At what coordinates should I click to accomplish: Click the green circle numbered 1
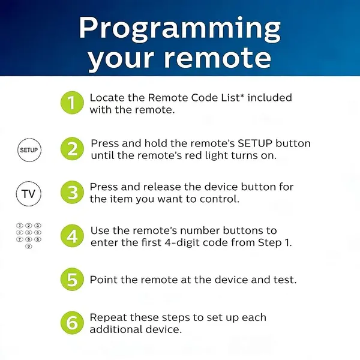pyautogui.click(x=72, y=103)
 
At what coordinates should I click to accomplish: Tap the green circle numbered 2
pyautogui.click(x=72, y=148)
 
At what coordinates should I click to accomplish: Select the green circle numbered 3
pyautogui.click(x=72, y=193)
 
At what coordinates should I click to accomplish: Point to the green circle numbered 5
pyautogui.click(x=72, y=280)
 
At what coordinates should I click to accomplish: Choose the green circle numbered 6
pyautogui.click(x=72, y=323)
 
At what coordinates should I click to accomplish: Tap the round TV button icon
pyautogui.click(x=29, y=194)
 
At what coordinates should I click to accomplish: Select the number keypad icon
pyautogui.click(x=29, y=235)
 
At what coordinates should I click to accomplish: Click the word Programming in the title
pyautogui.click(x=180, y=28)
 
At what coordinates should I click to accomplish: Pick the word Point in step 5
pyautogui.click(x=102, y=280)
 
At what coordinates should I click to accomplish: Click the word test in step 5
pyautogui.click(x=284, y=280)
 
